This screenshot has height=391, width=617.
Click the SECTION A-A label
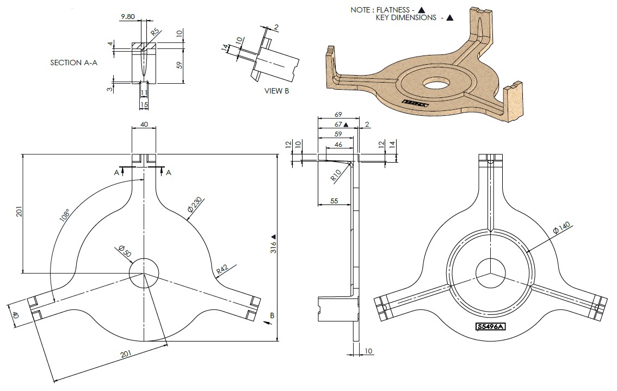[73, 63]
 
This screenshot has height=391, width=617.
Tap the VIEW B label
[277, 91]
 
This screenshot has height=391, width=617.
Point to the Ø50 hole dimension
[125, 252]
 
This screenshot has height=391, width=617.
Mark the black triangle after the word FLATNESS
[421, 9]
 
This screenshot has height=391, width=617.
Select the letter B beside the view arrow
[272, 315]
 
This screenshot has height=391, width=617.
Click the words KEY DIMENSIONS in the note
[406, 17]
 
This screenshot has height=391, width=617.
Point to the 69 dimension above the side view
[338, 115]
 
